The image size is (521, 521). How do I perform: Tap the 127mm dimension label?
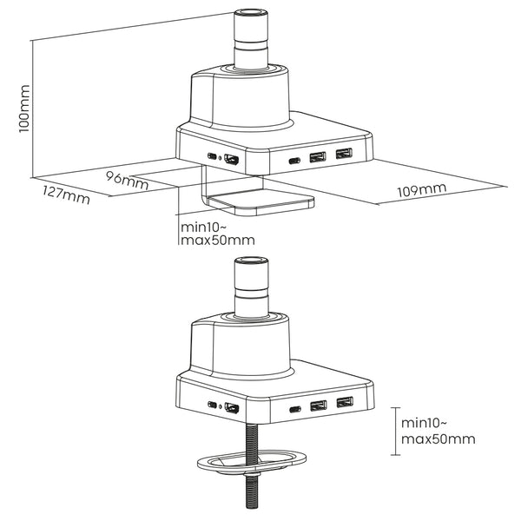point(65,196)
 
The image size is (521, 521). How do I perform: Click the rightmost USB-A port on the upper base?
point(346,155)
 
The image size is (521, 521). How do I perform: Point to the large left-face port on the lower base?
point(232,407)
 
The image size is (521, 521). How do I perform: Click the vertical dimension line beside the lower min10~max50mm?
point(393,431)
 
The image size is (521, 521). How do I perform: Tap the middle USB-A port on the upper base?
point(317,157)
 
